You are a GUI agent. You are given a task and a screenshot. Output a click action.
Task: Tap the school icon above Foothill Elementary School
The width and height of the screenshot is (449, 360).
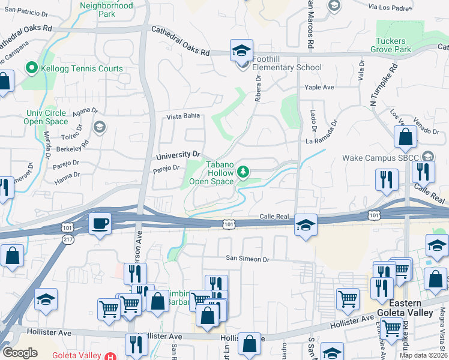tap(241, 50)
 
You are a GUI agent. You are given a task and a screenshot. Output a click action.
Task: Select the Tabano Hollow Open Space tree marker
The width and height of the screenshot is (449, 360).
tap(243, 172)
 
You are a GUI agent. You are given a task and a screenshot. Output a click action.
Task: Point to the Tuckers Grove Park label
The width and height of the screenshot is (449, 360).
tap(394, 45)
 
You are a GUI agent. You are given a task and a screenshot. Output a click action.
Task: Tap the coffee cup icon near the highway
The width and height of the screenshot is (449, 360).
tap(100, 224)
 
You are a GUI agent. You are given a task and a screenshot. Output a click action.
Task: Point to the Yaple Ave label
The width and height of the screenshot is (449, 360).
tap(319, 87)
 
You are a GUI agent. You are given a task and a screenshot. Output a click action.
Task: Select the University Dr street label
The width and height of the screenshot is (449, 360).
tap(178, 155)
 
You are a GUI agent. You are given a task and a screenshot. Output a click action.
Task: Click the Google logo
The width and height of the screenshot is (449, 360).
tap(20, 353)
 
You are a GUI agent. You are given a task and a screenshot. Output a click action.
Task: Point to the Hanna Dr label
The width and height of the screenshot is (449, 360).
tap(67, 175)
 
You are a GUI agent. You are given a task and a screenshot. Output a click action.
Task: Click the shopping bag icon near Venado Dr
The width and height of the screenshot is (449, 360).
tap(406, 137)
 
